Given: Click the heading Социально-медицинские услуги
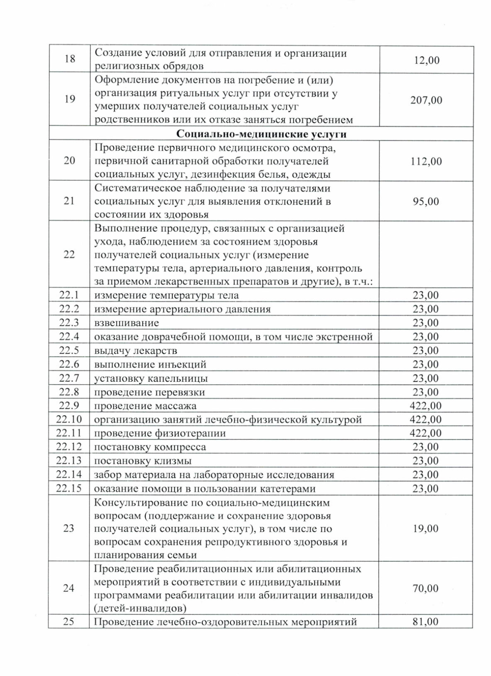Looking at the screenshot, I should click(262, 134).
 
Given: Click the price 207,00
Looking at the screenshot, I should click(426, 100).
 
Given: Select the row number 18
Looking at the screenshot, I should click(70, 59).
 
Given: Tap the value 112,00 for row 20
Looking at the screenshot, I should click(426, 161).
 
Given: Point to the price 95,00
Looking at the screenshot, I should click(426, 201).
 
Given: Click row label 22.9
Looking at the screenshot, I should click(69, 405).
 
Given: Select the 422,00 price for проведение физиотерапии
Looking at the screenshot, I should click(426, 433).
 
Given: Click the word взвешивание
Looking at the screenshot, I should click(126, 323).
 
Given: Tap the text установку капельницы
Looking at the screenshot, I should click(151, 378).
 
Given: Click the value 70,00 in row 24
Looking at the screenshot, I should click(426, 588).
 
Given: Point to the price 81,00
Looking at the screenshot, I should click(426, 622).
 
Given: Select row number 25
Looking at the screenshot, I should click(68, 622).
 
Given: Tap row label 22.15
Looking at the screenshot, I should click(69, 488).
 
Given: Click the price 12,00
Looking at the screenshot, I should click(427, 60).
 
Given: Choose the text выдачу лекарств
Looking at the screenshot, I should click(135, 351).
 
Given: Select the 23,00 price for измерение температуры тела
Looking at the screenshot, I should click(426, 295).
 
